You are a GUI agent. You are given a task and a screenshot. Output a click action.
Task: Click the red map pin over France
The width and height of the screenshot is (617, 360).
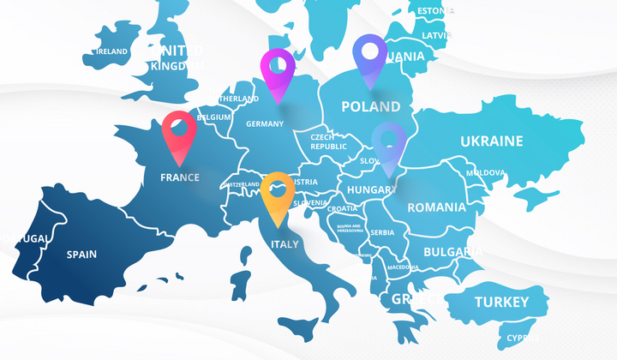[x=179, y=131]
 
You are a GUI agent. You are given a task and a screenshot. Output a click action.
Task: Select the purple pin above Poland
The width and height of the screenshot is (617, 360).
[x=370, y=53]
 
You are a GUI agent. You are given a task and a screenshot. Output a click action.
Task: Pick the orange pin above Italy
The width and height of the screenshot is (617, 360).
[x=278, y=192]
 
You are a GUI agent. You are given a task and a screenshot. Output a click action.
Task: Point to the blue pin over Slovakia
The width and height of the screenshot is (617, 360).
[x=389, y=141]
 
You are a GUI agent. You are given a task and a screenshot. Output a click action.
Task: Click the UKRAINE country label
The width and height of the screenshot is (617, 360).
[x=491, y=141]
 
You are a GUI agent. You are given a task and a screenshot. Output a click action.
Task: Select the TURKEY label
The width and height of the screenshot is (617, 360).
[x=501, y=302]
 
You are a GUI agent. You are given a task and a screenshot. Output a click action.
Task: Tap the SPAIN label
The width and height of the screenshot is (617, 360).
[x=82, y=254]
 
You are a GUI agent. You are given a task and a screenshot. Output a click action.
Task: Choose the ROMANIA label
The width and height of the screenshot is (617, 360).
[x=437, y=207]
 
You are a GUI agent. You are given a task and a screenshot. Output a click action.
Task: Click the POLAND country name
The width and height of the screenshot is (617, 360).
[x=370, y=107]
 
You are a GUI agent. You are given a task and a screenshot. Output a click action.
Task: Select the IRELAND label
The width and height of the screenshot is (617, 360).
[x=112, y=51]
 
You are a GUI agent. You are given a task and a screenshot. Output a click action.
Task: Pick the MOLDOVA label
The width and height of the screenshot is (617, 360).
[x=485, y=173]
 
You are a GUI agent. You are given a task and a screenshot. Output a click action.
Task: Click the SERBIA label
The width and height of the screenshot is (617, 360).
[x=382, y=232]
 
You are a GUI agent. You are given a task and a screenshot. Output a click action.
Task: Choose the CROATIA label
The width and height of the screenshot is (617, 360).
[x=343, y=208]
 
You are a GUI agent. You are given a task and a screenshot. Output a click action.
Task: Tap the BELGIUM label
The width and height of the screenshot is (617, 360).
[x=213, y=117]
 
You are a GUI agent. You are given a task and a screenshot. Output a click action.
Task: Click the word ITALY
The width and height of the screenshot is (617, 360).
[x=285, y=244]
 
